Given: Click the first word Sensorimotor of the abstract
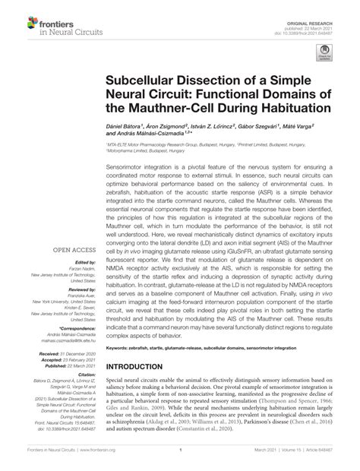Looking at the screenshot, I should (x=130, y=165).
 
